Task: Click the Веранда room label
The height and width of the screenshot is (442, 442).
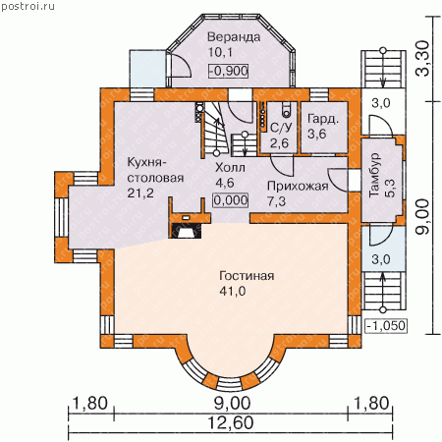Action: tap(234, 37)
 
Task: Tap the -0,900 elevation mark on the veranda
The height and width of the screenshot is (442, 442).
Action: tap(229, 71)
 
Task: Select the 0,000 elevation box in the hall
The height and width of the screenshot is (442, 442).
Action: tap(231, 200)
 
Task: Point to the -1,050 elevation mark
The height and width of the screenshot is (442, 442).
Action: tap(386, 326)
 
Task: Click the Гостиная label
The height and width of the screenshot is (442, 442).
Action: tap(247, 276)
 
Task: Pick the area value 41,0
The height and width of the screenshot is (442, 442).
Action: tap(233, 291)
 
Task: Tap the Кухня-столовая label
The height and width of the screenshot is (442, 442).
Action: tap(155, 170)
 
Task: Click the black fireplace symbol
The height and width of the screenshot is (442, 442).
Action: tap(186, 231)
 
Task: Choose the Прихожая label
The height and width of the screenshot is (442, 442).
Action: tap(298, 186)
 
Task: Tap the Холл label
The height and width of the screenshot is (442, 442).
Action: tap(230, 168)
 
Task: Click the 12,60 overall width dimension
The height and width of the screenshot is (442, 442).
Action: tap(231, 422)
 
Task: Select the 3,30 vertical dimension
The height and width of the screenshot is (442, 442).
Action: tap(422, 59)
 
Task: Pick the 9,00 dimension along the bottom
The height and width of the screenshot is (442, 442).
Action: tap(232, 404)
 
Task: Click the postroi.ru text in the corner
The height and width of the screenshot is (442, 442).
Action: tap(28, 6)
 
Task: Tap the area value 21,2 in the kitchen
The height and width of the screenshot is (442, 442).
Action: tap(140, 193)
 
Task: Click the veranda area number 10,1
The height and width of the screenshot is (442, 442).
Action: tap(220, 52)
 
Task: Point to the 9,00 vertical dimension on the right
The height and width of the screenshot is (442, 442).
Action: tap(422, 216)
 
